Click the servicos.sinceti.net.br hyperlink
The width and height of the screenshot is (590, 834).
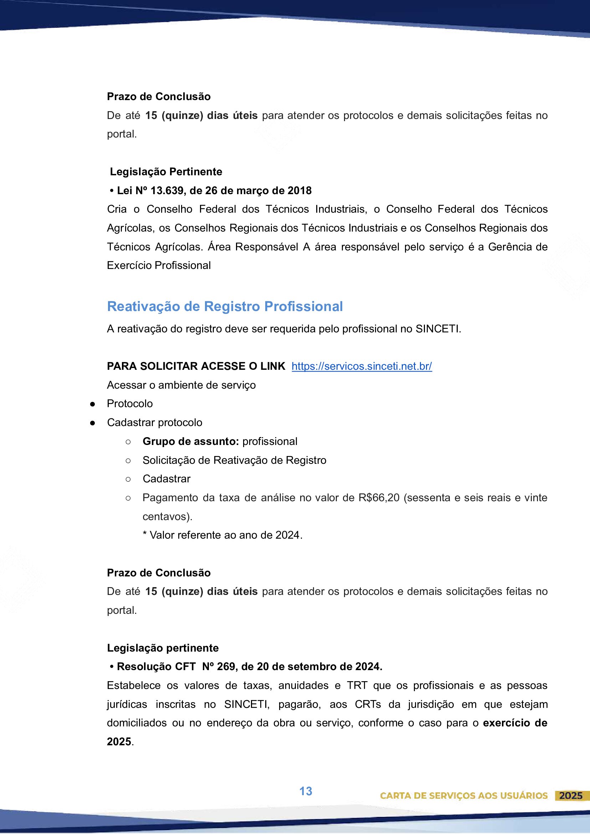361,366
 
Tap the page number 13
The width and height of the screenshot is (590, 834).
306,791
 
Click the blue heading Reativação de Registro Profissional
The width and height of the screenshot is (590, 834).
225,306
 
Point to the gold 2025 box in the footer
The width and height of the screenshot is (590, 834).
570,796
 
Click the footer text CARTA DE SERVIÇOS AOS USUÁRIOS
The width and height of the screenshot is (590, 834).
463,796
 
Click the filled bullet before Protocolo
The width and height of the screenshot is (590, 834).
93,404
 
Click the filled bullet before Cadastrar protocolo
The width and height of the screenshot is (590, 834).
93,423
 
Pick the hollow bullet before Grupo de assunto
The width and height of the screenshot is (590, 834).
128,442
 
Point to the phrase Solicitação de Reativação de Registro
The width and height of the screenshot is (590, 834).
234,460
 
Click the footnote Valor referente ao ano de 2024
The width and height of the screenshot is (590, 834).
222,535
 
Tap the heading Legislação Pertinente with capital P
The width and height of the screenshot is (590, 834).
166,172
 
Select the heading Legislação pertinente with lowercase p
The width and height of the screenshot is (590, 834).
163,648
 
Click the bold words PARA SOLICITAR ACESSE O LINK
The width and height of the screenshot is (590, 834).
196,366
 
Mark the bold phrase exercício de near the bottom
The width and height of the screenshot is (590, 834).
515,723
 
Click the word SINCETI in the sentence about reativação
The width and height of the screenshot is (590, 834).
437,329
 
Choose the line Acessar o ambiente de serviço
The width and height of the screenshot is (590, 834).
181,385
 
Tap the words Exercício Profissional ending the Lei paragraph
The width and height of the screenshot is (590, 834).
159,265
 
